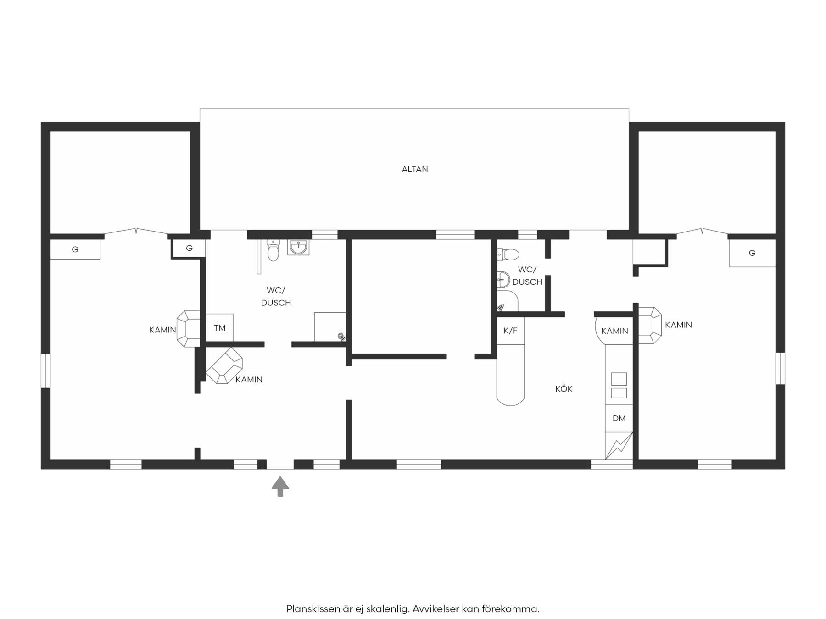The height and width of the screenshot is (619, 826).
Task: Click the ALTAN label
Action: [x=414, y=169]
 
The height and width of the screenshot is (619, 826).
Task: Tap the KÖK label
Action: [x=564, y=389]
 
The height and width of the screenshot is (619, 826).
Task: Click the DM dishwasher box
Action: [x=619, y=418]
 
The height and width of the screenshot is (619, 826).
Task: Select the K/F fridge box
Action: [x=510, y=331]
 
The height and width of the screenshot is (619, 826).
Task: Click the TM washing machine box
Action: [x=219, y=328]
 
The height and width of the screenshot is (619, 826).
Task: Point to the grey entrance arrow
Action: [x=280, y=486]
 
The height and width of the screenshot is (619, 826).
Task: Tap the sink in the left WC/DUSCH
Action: [x=298, y=248]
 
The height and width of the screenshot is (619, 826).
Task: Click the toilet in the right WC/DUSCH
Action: [x=508, y=254]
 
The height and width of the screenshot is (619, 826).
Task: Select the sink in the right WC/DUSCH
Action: [x=503, y=279]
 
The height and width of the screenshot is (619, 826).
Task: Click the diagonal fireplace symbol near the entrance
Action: [x=224, y=365]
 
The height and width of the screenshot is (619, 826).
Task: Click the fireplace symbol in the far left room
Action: [x=189, y=329]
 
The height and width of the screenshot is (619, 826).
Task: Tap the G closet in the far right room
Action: [x=752, y=253]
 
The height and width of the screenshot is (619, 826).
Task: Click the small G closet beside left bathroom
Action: [x=189, y=248]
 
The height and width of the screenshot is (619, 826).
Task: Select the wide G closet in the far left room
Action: [x=75, y=249]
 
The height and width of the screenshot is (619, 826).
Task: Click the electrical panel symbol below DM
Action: [x=619, y=446]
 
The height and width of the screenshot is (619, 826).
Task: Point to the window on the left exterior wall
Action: [x=45, y=370]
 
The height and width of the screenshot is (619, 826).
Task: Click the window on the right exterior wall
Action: [x=780, y=368]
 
